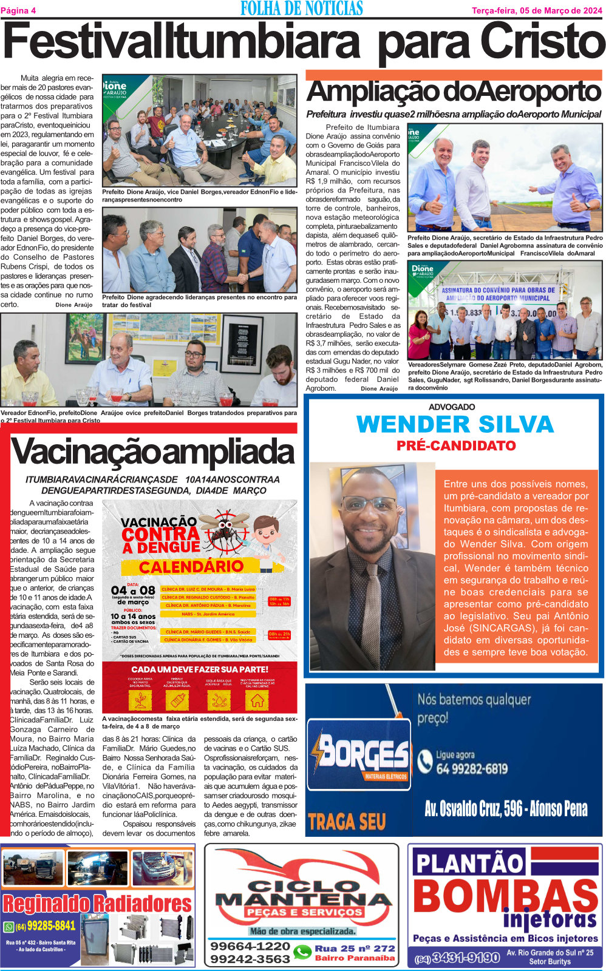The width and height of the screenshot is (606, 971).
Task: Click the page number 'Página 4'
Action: (x=19, y=10)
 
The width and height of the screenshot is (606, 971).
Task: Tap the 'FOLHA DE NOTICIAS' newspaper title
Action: (x=302, y=8)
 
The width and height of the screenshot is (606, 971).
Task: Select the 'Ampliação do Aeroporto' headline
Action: (x=454, y=92)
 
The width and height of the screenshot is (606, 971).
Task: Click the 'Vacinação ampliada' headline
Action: (x=152, y=453)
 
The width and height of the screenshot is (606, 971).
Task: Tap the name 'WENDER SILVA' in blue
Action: (x=455, y=424)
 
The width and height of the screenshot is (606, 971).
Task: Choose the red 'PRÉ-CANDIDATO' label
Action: (x=456, y=445)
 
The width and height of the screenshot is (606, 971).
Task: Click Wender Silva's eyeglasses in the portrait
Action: (x=369, y=504)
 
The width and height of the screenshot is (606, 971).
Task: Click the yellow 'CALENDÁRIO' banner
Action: (x=191, y=567)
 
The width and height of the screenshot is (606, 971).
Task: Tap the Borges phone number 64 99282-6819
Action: (x=471, y=769)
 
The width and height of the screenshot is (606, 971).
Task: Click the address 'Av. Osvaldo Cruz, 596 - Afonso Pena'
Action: (x=505, y=808)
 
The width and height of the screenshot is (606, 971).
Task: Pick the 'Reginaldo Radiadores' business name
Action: (x=97, y=904)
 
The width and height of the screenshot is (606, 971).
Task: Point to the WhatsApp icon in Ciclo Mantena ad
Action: (x=302, y=952)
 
